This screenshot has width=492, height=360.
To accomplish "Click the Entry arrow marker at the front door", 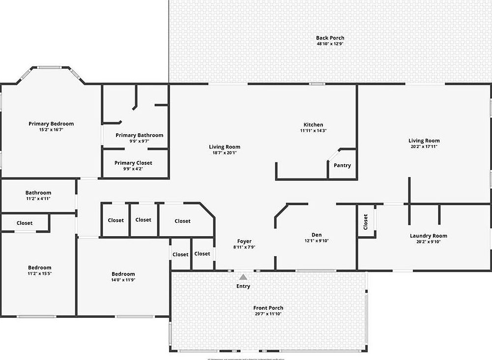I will pyautogui.click(x=243, y=277).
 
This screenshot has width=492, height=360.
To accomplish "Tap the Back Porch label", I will pyautogui.click(x=330, y=38).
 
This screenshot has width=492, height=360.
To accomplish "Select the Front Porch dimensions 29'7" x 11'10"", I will pyautogui.click(x=269, y=314).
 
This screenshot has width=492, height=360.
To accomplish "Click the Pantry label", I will pyautogui.click(x=342, y=165).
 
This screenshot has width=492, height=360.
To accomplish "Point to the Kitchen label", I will pyautogui.click(x=313, y=125).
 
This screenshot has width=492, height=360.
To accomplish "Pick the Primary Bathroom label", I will pyautogui.click(x=139, y=135).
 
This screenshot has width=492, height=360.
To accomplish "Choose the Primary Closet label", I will pyautogui.click(x=133, y=163).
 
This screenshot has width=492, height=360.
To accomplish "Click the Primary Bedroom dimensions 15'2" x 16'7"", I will pyautogui.click(x=51, y=130).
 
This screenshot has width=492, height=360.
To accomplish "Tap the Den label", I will pyautogui.click(x=317, y=235).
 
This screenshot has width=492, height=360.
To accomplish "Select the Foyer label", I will pyautogui.click(x=244, y=241).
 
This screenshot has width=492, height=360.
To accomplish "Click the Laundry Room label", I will pyautogui.click(x=429, y=236).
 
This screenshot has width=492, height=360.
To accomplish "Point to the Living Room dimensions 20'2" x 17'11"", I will pyautogui.click(x=424, y=147).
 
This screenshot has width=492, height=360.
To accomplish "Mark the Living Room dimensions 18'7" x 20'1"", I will pyautogui.click(x=225, y=152).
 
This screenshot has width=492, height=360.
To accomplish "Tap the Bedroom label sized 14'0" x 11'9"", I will pyautogui.click(x=123, y=274).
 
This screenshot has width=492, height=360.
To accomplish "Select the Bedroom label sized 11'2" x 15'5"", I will pyautogui.click(x=39, y=268).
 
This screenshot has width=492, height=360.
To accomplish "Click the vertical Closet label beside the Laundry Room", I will pyautogui.click(x=366, y=222).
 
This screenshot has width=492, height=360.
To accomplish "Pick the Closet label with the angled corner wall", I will pyautogui.click(x=182, y=221).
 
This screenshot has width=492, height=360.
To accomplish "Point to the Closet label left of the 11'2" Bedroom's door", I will pyautogui.click(x=25, y=223).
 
